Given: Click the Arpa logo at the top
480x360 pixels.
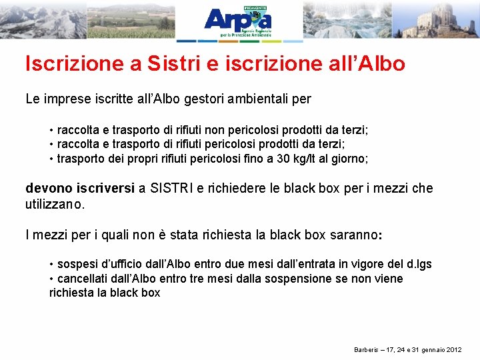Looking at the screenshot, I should [x=238, y=21].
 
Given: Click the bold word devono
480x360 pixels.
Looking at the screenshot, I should [x=48, y=189].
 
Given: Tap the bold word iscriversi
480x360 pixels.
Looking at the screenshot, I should [x=105, y=189].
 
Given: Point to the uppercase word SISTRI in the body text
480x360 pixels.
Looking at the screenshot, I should [x=171, y=189].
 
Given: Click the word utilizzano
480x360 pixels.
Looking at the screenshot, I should [x=55, y=205].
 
